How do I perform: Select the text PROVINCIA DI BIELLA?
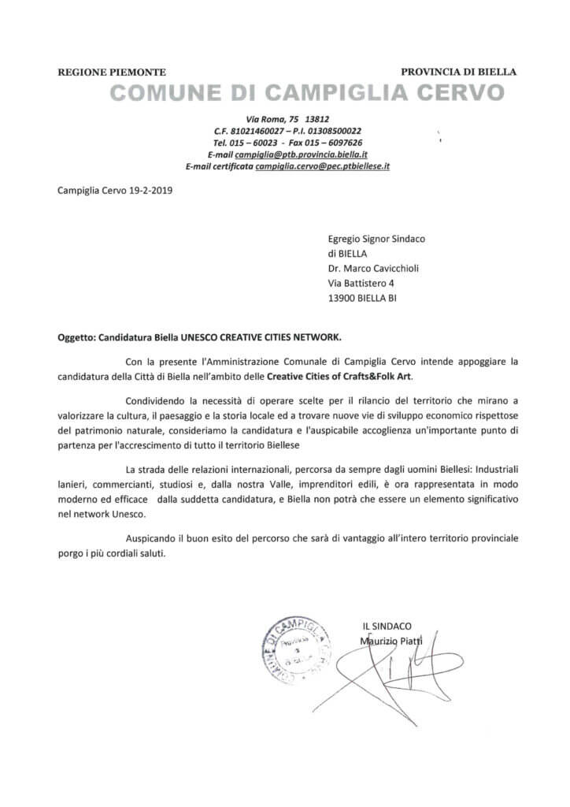[458, 72]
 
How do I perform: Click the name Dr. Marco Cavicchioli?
[373, 268]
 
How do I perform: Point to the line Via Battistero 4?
[361, 283]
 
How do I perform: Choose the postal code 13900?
[342, 299]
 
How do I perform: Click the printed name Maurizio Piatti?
[391, 640]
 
